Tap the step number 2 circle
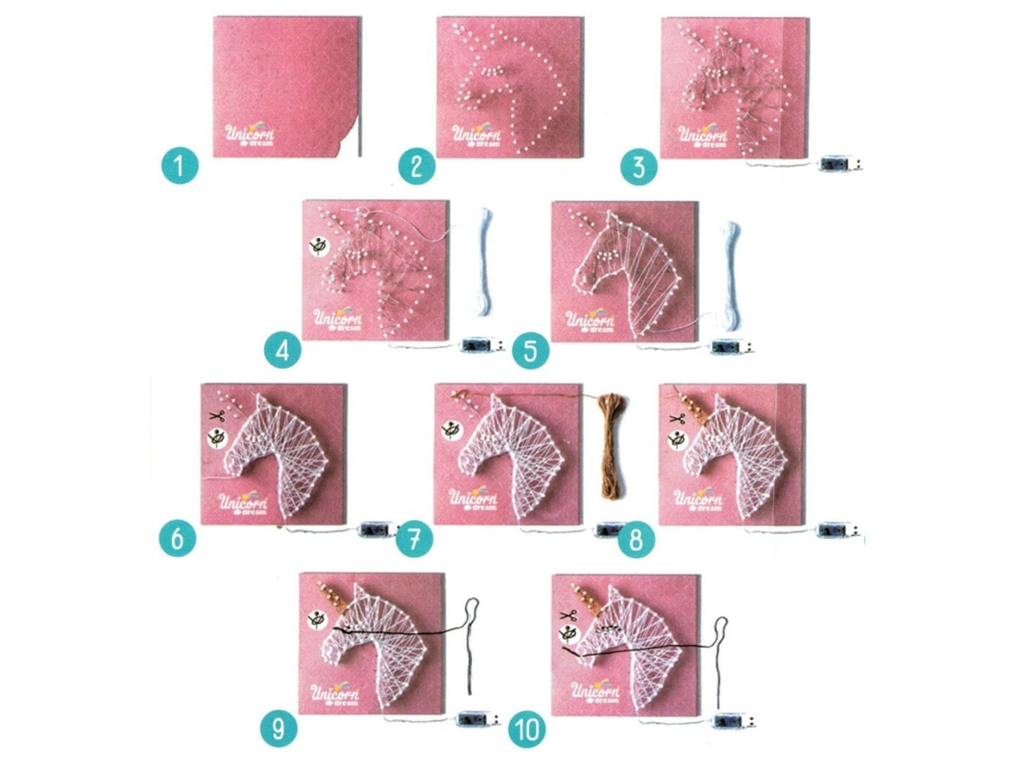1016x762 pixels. point(417,166)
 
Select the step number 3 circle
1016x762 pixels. point(639,166)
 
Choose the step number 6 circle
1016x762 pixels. point(177,538)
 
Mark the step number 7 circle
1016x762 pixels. point(415,538)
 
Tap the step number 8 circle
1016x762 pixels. point(636,538)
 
